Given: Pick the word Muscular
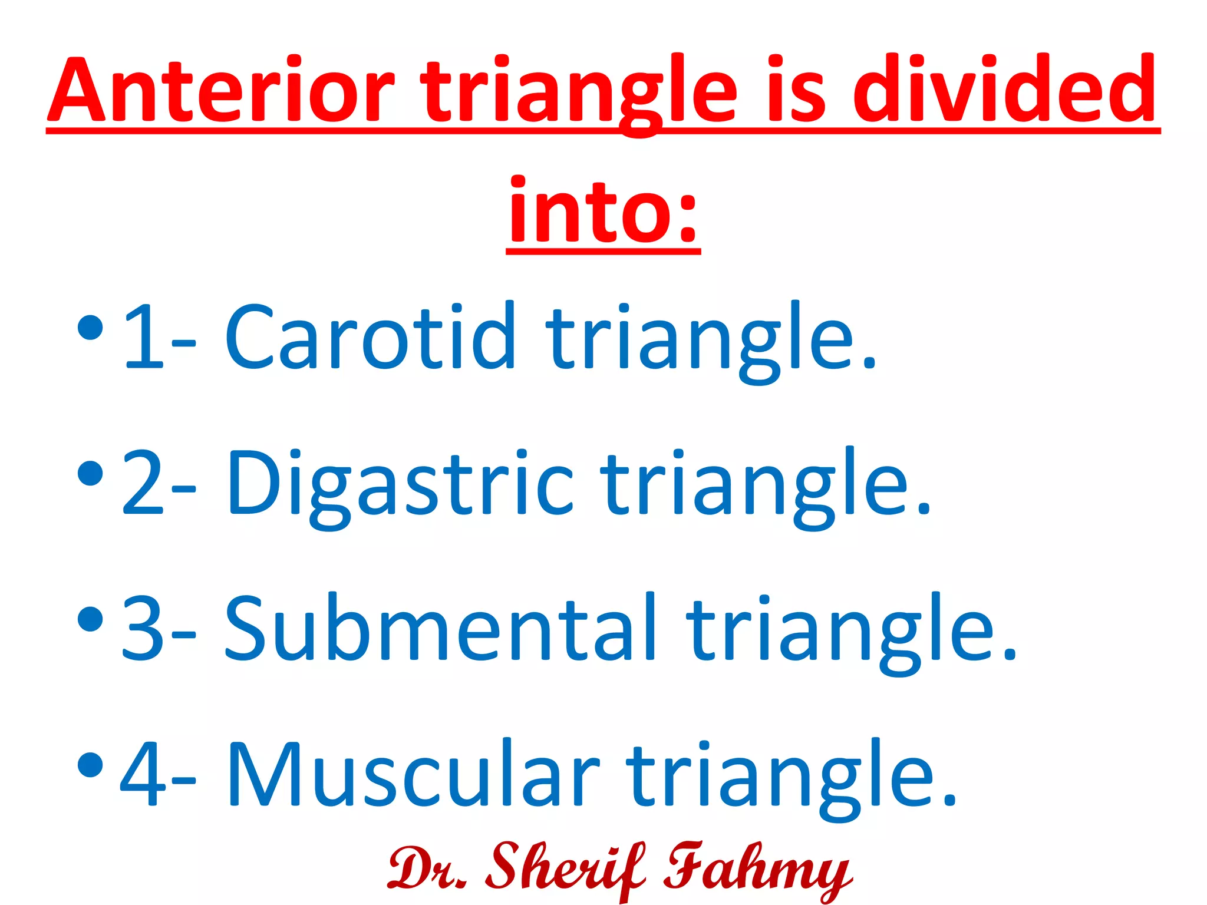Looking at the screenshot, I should pyautogui.click(x=413, y=775).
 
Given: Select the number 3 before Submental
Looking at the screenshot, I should pyautogui.click(x=142, y=628).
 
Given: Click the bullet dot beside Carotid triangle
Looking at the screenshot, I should pyautogui.click(x=90, y=328).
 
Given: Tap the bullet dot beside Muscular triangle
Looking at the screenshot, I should pyautogui.click(x=90, y=765).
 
